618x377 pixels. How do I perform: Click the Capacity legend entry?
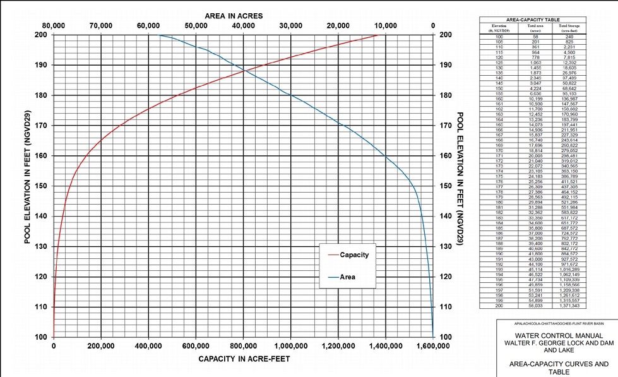pos(354,255)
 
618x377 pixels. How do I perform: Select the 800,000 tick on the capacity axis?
pos(243,346)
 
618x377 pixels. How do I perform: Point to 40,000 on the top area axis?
pos(243,26)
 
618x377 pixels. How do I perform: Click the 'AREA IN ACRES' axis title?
pos(234,15)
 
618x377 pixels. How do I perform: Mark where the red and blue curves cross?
pos(243,71)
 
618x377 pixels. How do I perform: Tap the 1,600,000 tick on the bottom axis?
pos(433,346)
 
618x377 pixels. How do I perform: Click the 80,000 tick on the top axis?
pos(54,26)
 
